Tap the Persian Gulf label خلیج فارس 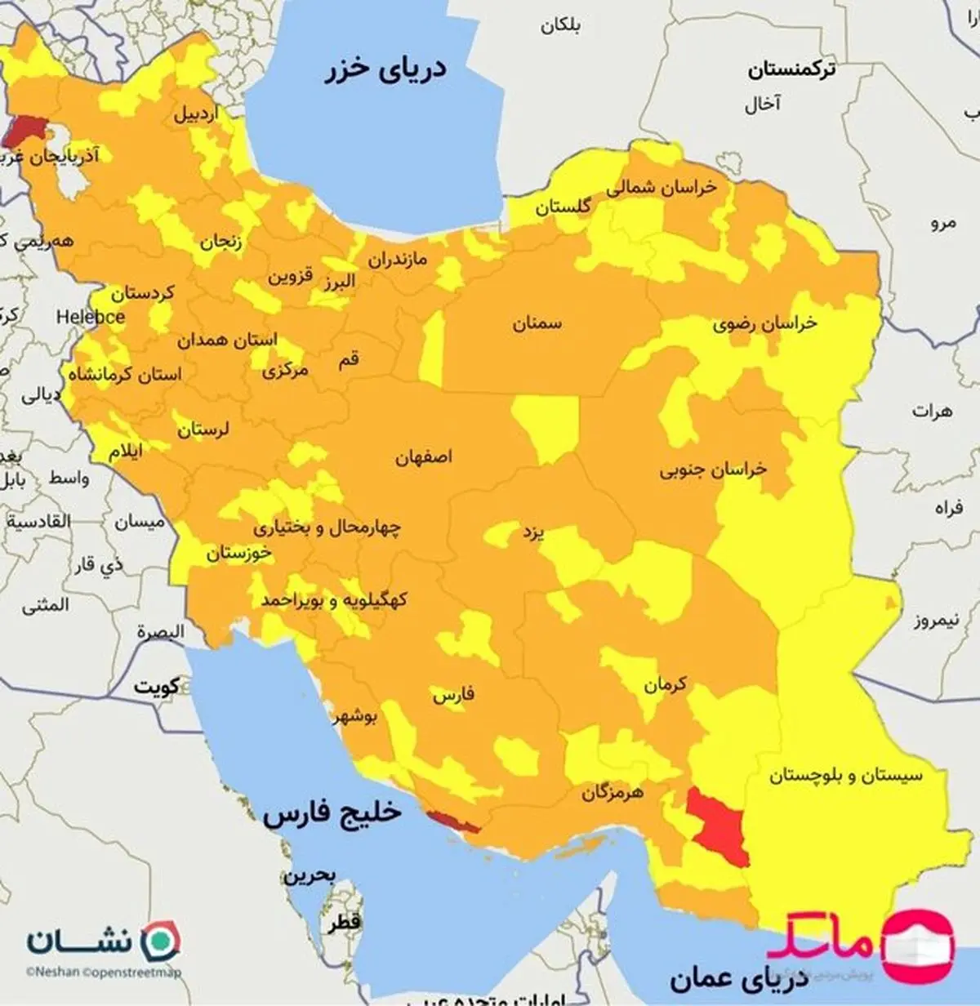pos(332,813)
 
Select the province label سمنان pos(537,323)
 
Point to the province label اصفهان pos(424,457)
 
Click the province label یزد pos(533,534)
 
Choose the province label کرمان pos(665,684)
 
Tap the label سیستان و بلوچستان pos(845,775)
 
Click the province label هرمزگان pos(612,792)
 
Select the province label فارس pos(453,697)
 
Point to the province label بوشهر pos(354,717)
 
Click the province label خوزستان pos(238,553)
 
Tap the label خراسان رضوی pos(764,324)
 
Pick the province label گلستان pos(563,207)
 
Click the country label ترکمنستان pos(791,70)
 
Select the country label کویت pos(157,687)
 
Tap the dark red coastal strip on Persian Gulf pos(453,822)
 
